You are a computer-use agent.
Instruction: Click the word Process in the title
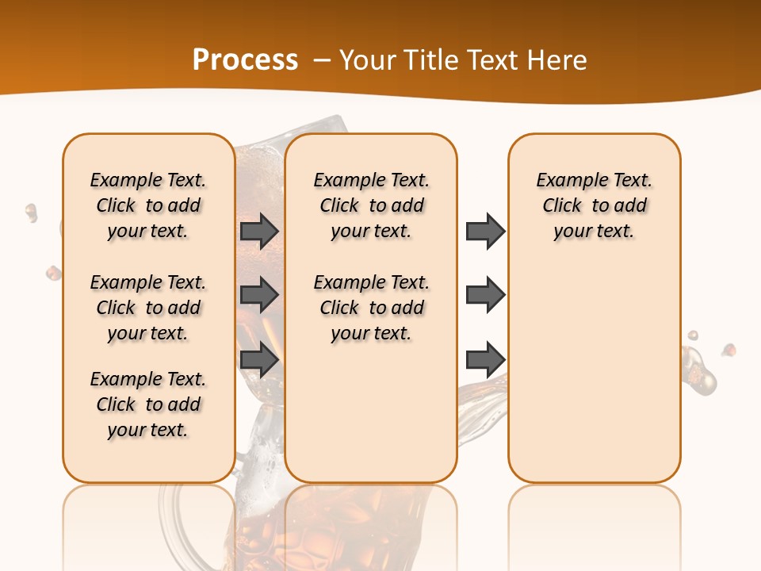[245, 60]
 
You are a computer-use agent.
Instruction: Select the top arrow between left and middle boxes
[259, 231]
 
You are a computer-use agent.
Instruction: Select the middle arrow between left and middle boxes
[259, 295]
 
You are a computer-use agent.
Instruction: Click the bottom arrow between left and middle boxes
[259, 359]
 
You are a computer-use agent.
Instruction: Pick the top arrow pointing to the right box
[485, 231]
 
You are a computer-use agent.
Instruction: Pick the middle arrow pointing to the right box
[485, 295]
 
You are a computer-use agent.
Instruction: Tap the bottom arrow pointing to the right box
[485, 359]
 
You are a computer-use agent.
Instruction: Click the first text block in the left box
[148, 205]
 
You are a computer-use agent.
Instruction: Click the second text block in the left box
[148, 308]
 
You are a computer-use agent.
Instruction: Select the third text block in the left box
[148, 404]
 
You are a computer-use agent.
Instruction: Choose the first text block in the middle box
[371, 205]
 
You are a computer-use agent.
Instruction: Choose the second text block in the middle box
[371, 308]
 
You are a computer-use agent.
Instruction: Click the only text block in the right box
[594, 205]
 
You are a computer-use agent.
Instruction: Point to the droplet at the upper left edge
[31, 212]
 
